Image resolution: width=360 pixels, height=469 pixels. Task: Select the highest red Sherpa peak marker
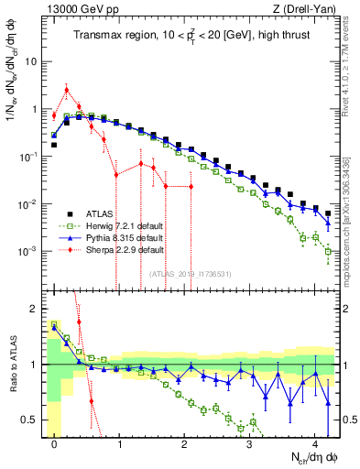click(x=67, y=89)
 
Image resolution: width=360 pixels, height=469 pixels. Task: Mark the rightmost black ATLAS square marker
click(x=328, y=213)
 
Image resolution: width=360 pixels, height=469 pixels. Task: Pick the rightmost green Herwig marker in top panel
click(x=328, y=250)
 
